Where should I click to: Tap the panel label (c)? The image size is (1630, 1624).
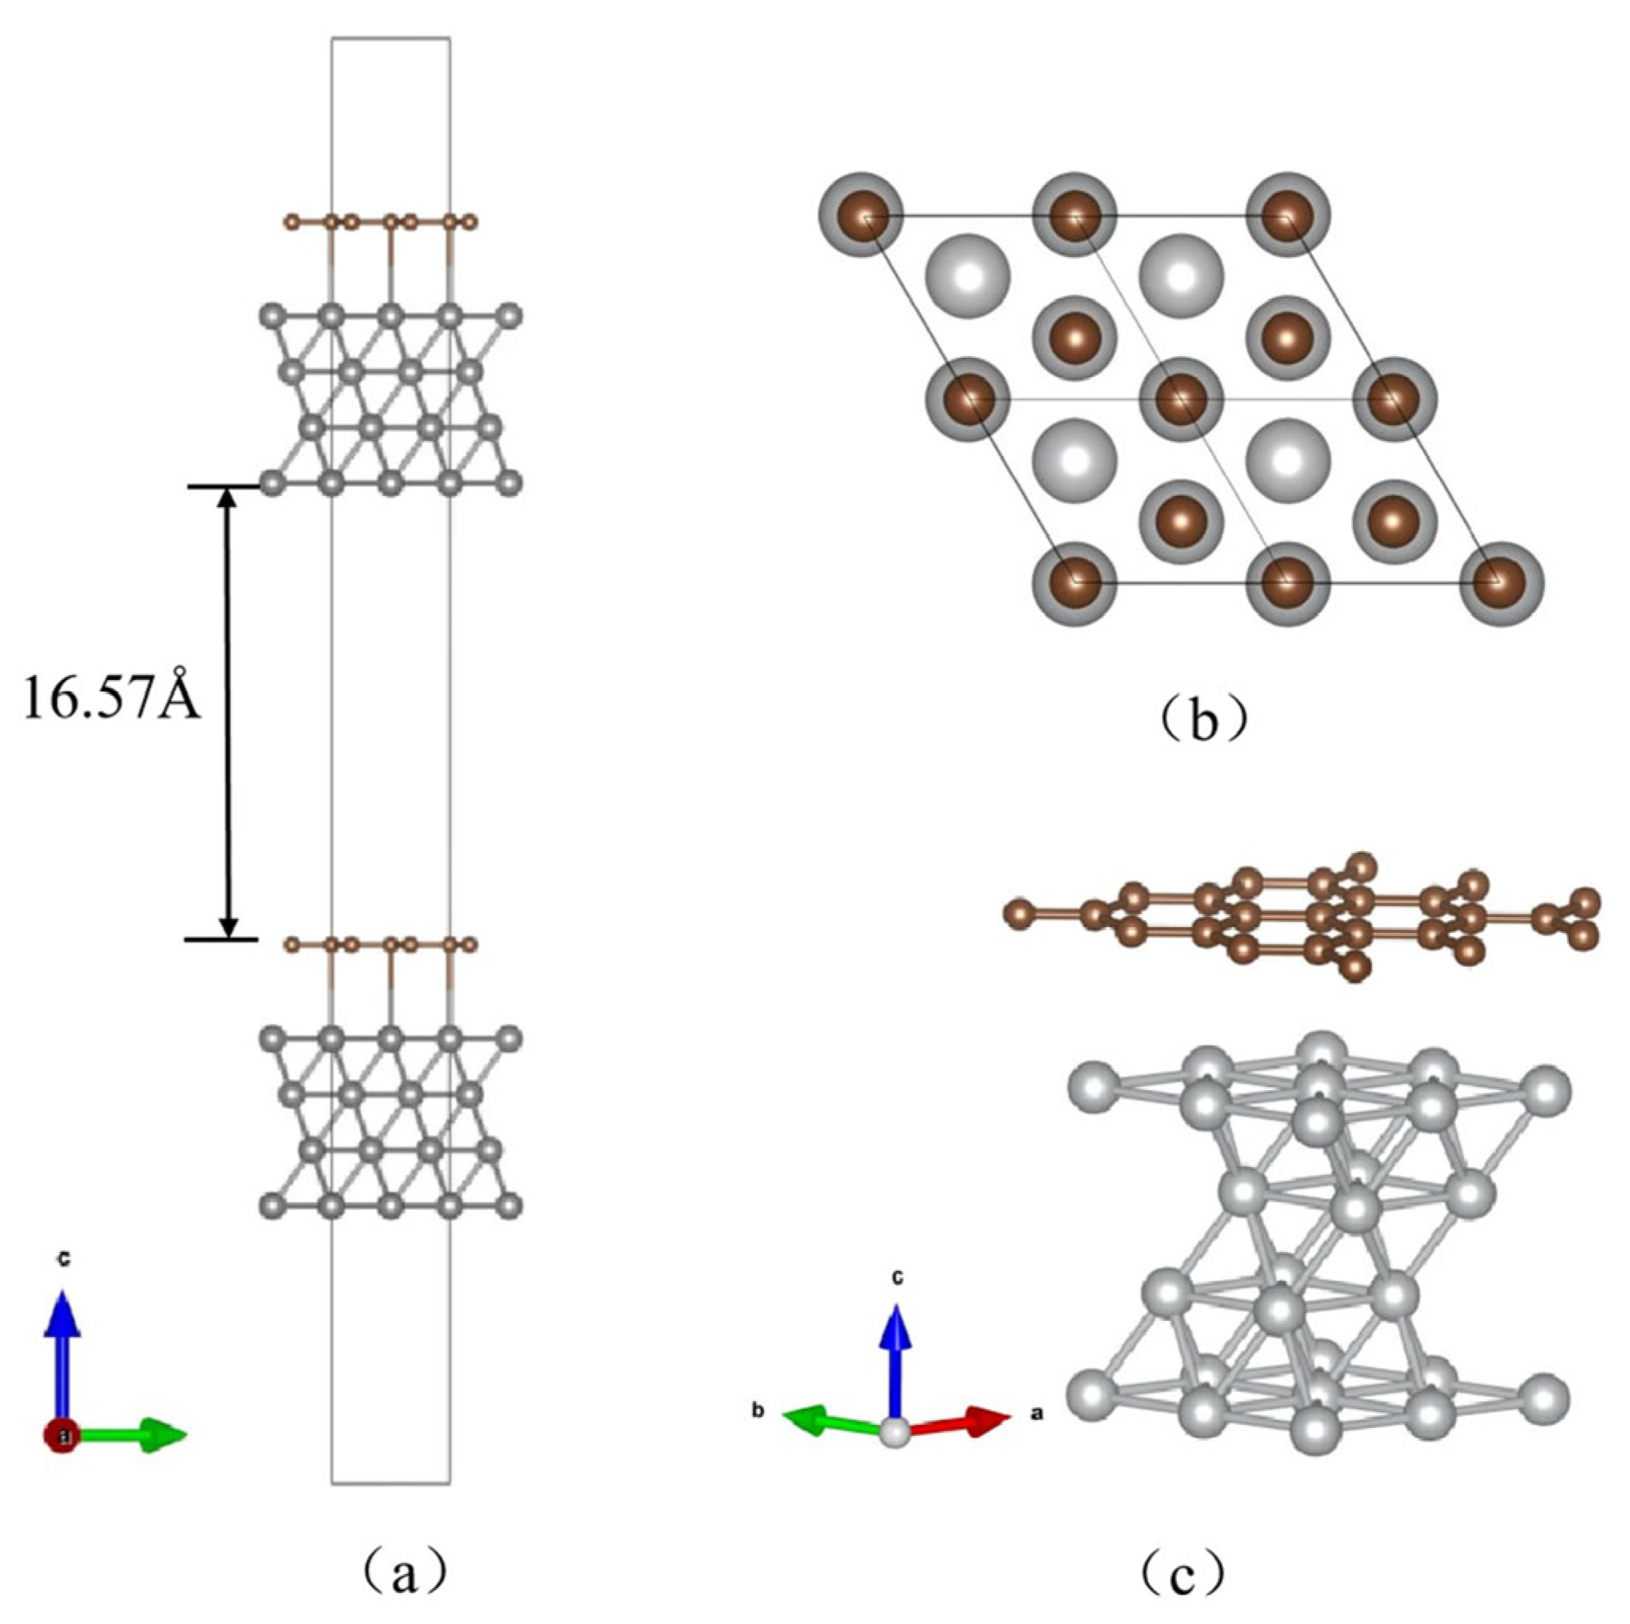[1181, 1567]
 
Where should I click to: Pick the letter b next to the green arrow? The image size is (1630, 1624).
[759, 1410]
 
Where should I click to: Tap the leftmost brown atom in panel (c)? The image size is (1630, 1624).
[1021, 913]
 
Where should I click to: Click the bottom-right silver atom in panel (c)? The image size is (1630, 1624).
[1545, 1398]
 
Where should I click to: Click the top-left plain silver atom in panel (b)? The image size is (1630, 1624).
[967, 276]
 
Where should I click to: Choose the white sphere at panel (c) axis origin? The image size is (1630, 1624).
[895, 1433]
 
